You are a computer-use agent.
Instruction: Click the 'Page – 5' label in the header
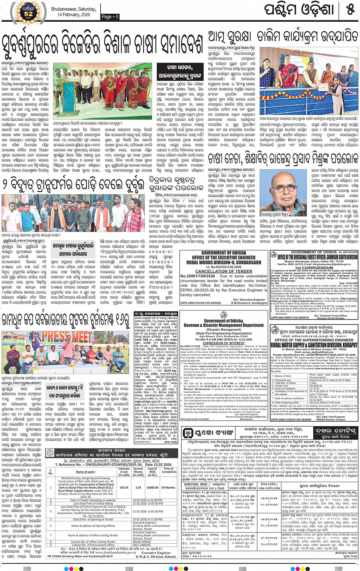pos(110,17)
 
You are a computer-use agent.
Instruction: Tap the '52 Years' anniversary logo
pos(29,13)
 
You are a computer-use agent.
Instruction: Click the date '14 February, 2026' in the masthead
pos(74,14)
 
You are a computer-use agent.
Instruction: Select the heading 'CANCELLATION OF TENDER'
pos(224,271)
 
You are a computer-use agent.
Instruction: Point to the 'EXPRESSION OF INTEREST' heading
pos(224,343)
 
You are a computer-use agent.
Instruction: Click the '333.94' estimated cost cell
pos(124,487)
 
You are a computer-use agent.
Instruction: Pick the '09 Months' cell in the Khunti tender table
pos(168,487)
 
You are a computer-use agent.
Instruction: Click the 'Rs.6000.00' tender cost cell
pos(320,385)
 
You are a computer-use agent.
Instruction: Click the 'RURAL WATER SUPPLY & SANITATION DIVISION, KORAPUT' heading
pos(314,345)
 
